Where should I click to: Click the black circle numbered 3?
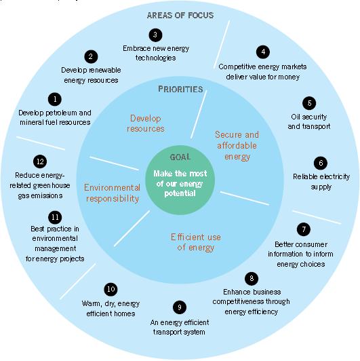click(155, 35)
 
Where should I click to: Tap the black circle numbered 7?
click(304, 229)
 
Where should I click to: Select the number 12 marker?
click(40, 161)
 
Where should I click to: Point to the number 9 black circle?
click(180, 307)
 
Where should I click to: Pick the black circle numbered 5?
click(309, 103)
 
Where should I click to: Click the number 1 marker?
click(55, 99)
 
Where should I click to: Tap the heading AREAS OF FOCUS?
click(180, 16)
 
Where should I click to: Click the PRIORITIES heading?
click(180, 89)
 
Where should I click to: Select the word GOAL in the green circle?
click(180, 157)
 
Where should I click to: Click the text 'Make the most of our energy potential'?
click(180, 183)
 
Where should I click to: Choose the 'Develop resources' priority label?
click(146, 123)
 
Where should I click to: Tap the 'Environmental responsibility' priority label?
click(112, 193)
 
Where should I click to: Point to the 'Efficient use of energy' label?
click(196, 242)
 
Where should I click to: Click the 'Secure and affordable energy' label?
click(237, 145)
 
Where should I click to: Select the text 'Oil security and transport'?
click(309, 121)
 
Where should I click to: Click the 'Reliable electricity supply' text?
click(321, 181)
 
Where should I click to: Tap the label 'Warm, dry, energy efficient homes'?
click(111, 309)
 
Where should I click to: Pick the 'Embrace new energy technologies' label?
click(156, 53)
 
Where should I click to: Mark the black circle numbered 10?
click(111, 289)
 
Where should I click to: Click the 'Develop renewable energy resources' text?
click(91, 75)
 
